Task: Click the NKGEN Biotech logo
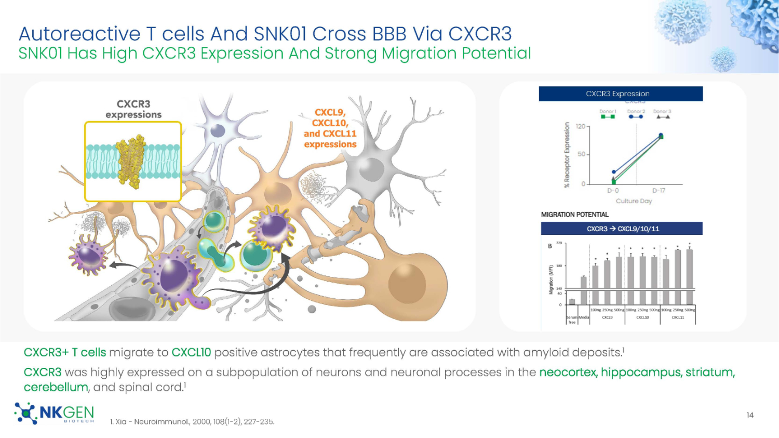(55, 413)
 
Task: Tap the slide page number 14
(749, 415)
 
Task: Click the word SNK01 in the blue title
(281, 34)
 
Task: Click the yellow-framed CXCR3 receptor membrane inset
(133, 162)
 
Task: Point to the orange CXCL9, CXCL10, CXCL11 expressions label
(330, 128)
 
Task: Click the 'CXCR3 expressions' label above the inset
(133, 109)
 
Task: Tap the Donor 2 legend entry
(636, 114)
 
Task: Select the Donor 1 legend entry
(608, 114)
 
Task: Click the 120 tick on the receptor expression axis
(580, 126)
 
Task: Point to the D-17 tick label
(659, 191)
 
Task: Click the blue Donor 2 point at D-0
(614, 172)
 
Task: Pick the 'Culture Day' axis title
(634, 201)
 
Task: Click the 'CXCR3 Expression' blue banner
(620, 94)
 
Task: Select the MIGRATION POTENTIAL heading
(574, 215)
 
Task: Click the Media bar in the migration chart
(583, 290)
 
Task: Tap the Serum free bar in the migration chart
(572, 301)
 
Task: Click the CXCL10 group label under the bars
(642, 317)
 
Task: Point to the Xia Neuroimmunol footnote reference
(192, 421)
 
